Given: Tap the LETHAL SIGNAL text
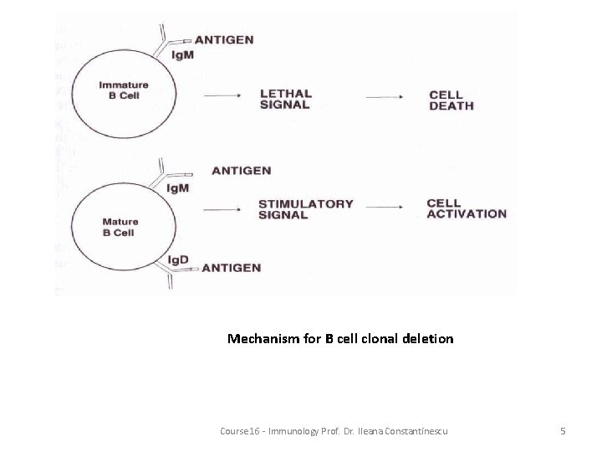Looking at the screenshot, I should point(285,100).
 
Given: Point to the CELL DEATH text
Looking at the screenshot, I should point(451,100).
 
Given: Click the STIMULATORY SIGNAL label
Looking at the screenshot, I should point(305,209).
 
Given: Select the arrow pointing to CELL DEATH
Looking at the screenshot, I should point(387,97).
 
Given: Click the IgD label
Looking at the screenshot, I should point(179,259).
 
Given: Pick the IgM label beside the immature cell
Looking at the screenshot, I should point(183,55).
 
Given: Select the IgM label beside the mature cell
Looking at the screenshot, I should point(178,187).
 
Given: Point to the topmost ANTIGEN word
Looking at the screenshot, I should point(224,39).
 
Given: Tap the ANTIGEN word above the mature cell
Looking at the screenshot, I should point(242,171).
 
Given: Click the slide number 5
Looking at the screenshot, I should point(563,430).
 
